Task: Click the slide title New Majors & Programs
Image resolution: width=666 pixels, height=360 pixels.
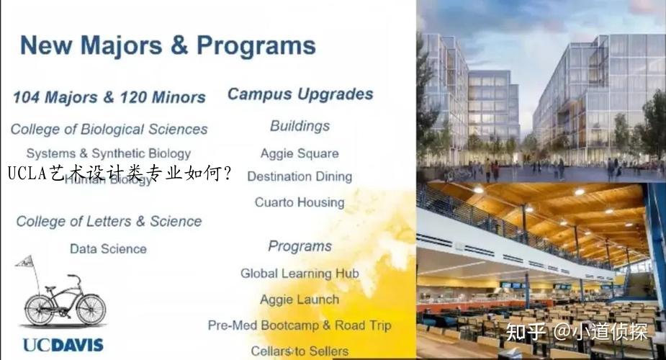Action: [168, 46]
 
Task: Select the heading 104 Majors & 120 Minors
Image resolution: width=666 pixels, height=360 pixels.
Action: [109, 97]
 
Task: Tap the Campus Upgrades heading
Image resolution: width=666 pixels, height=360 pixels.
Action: [300, 94]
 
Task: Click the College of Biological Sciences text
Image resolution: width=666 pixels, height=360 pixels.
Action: [109, 130]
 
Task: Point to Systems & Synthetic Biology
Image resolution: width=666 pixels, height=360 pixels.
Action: [109, 153]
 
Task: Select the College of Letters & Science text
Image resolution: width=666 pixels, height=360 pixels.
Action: [109, 221]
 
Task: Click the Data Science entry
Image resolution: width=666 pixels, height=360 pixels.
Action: [108, 249]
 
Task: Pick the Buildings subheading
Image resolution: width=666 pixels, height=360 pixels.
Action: [300, 126]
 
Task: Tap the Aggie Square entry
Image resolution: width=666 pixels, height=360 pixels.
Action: [300, 153]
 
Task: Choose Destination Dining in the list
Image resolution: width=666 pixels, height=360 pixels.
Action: [300, 176]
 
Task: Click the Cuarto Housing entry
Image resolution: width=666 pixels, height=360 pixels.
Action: [300, 202]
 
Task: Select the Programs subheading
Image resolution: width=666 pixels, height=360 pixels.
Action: [300, 246]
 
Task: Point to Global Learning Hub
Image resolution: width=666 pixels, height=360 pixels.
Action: [300, 274]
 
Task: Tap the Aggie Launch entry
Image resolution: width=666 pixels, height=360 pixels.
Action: [300, 300]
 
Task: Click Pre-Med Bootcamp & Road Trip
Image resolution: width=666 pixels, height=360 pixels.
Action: [300, 325]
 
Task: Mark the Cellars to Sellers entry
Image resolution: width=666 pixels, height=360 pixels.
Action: [300, 351]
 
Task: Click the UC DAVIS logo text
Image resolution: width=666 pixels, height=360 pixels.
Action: [63, 345]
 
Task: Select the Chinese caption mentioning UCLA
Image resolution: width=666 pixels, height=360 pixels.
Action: [120, 174]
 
